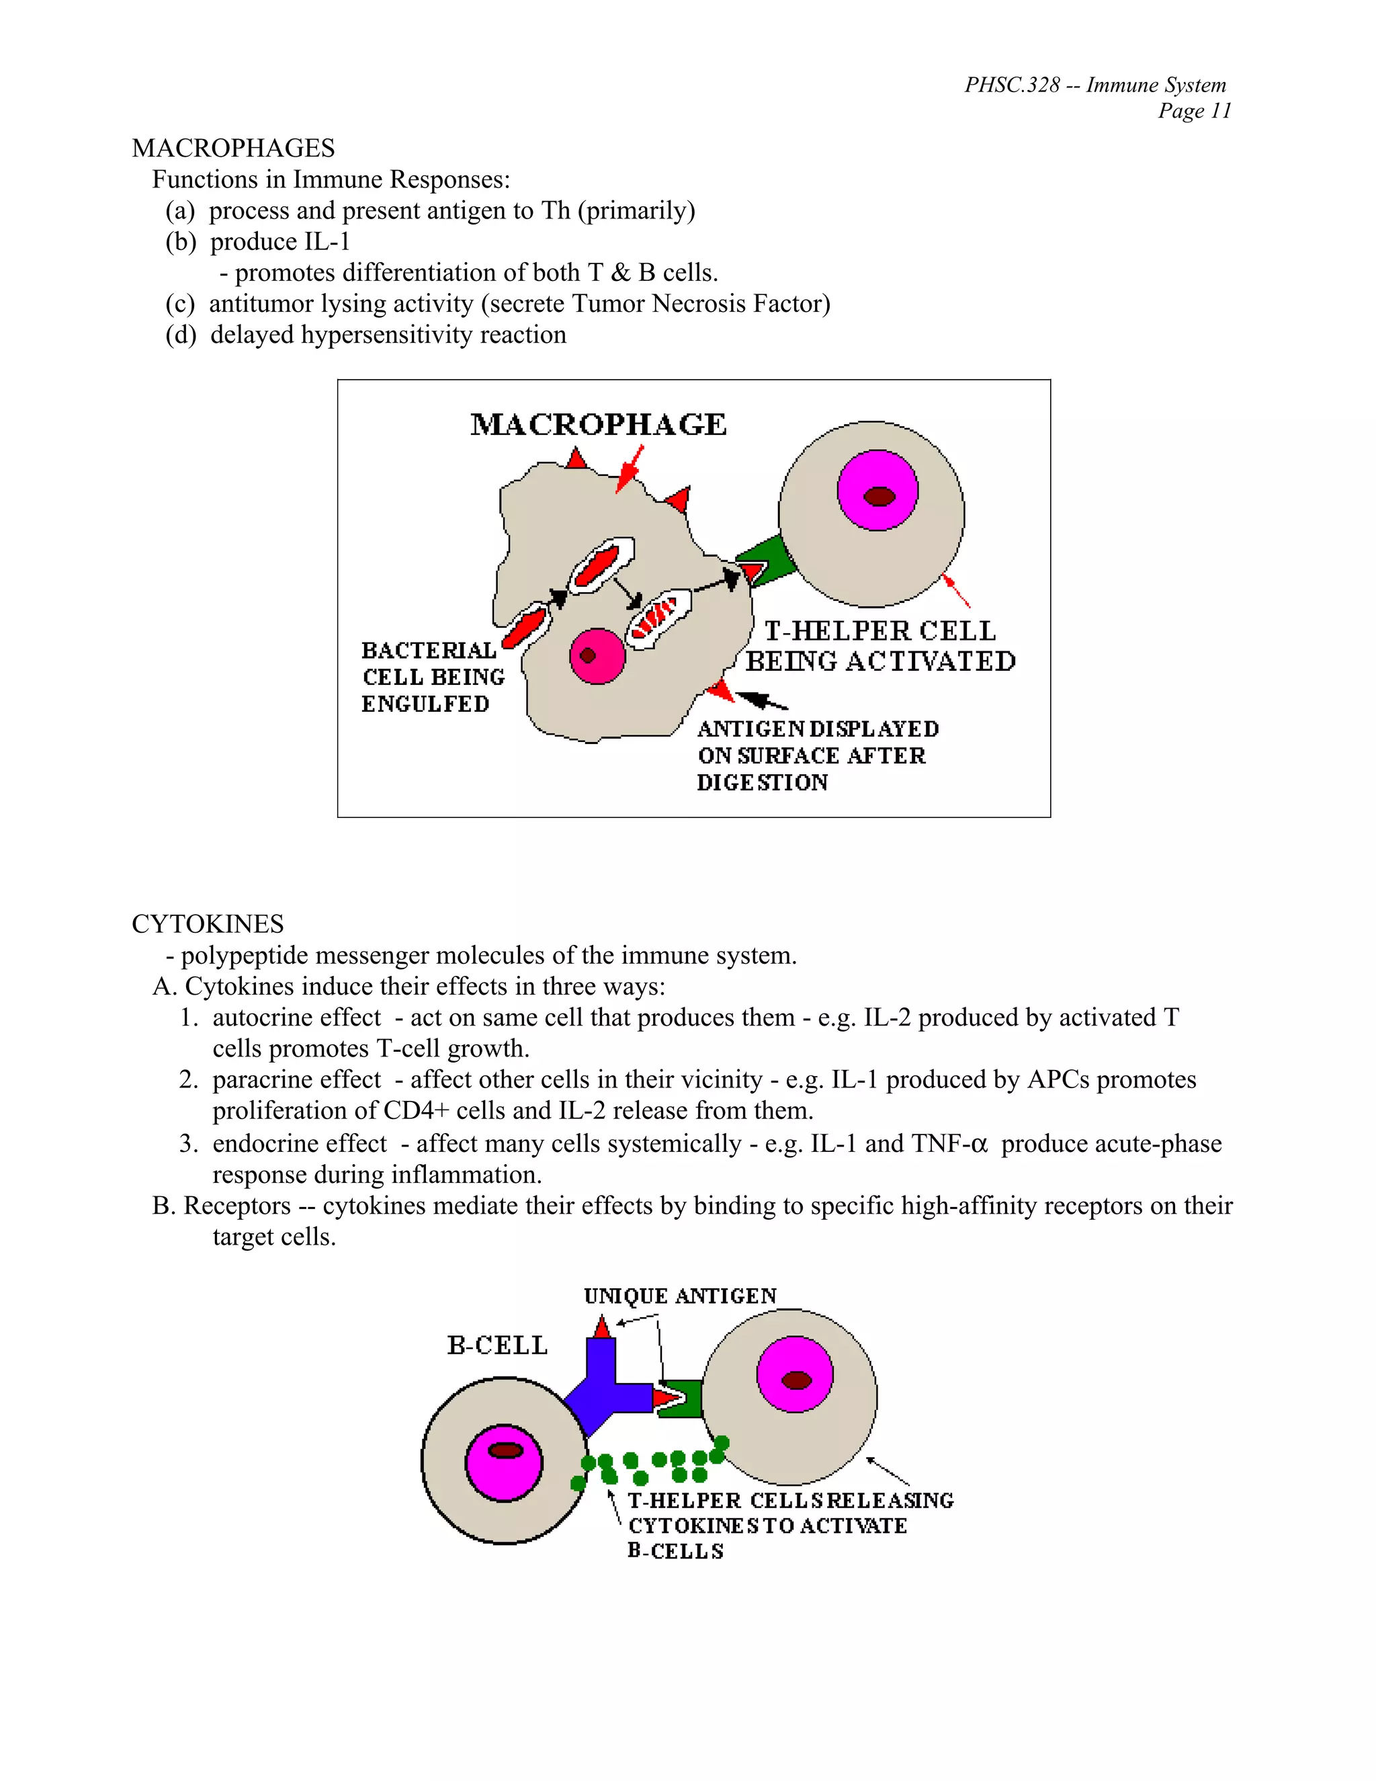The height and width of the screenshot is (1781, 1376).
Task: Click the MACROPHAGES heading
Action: [233, 149]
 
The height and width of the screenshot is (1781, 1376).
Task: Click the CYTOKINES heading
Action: [208, 924]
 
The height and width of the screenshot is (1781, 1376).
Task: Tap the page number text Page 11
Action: [1194, 111]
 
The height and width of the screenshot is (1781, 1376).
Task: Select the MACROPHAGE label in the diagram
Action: [599, 425]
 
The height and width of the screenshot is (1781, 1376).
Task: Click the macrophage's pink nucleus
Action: [597, 656]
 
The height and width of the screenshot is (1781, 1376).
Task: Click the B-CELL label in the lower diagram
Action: [497, 1345]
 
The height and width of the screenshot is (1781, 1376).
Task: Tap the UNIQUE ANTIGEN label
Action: [680, 1296]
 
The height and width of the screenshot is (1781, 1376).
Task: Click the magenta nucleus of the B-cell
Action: [504, 1462]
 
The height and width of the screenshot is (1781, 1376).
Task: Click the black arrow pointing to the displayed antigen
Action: [761, 700]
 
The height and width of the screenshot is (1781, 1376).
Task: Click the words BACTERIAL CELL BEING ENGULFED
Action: [431, 677]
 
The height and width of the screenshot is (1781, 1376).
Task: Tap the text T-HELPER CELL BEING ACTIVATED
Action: [880, 646]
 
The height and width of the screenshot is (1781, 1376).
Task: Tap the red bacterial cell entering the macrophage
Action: [523, 626]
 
